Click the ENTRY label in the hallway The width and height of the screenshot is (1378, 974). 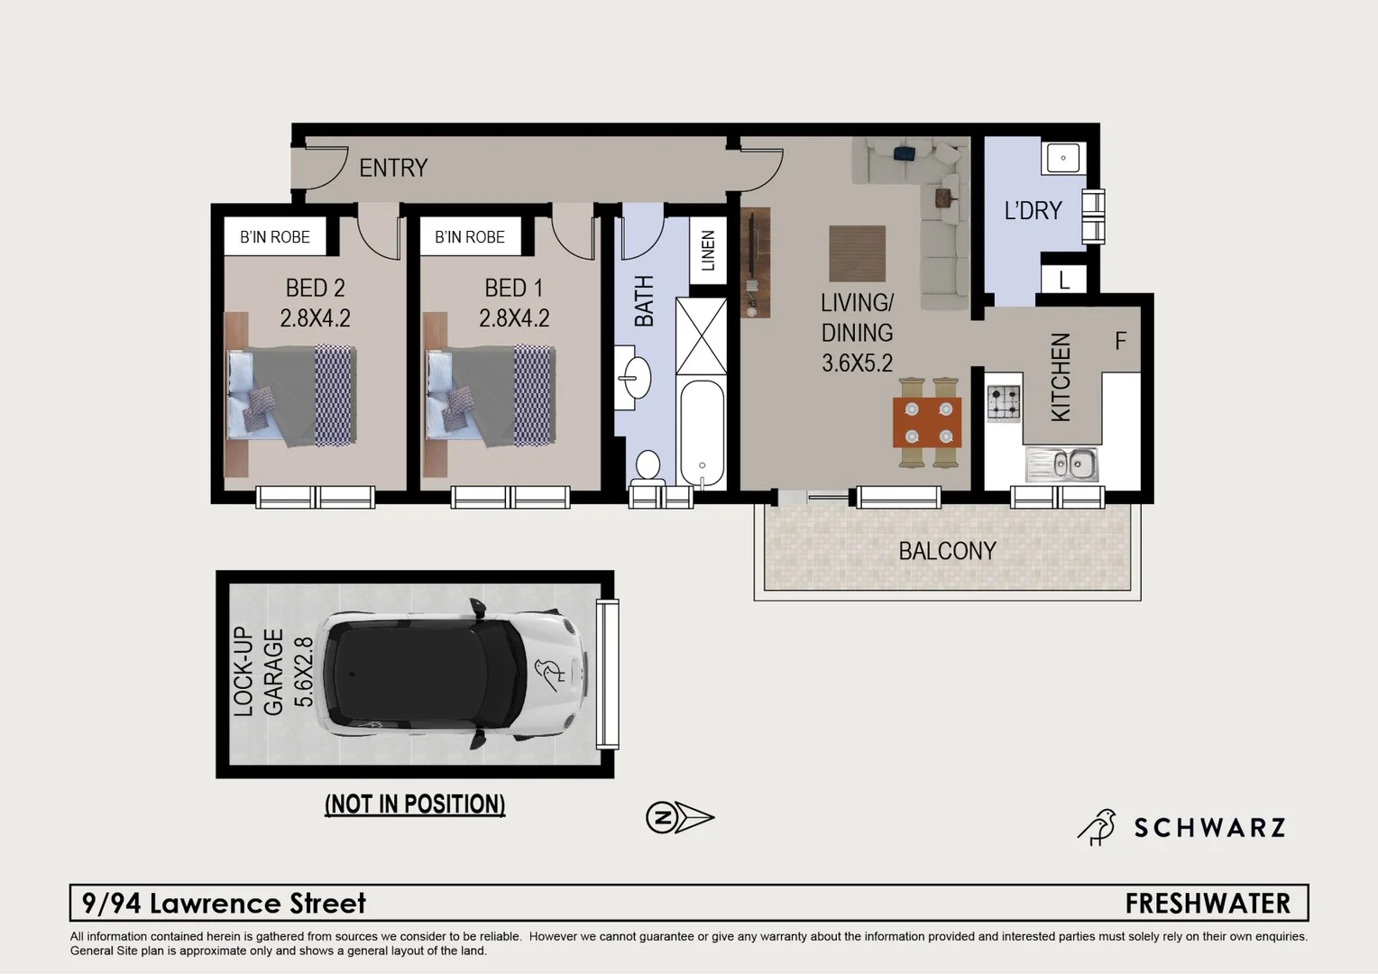[x=392, y=168]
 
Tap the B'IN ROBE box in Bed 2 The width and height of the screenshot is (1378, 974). [x=274, y=237]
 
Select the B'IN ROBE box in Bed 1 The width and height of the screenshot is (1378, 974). [x=469, y=237]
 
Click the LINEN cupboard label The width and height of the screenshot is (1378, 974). [x=708, y=250]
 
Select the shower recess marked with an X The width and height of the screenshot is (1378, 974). [x=701, y=335]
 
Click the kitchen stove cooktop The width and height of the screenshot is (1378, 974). [x=1003, y=403]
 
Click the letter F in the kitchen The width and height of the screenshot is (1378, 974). [x=1120, y=341]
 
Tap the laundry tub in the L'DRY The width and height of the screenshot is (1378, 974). [x=1063, y=158]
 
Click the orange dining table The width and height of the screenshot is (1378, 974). [x=927, y=422]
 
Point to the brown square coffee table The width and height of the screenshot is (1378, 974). [x=857, y=255]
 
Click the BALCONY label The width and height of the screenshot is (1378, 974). [x=947, y=551]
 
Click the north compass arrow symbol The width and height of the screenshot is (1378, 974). [x=680, y=818]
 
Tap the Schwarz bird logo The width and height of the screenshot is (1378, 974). [x=1098, y=826]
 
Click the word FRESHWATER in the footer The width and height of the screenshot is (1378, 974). [x=1207, y=903]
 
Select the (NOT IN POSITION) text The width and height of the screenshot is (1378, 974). [x=415, y=804]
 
